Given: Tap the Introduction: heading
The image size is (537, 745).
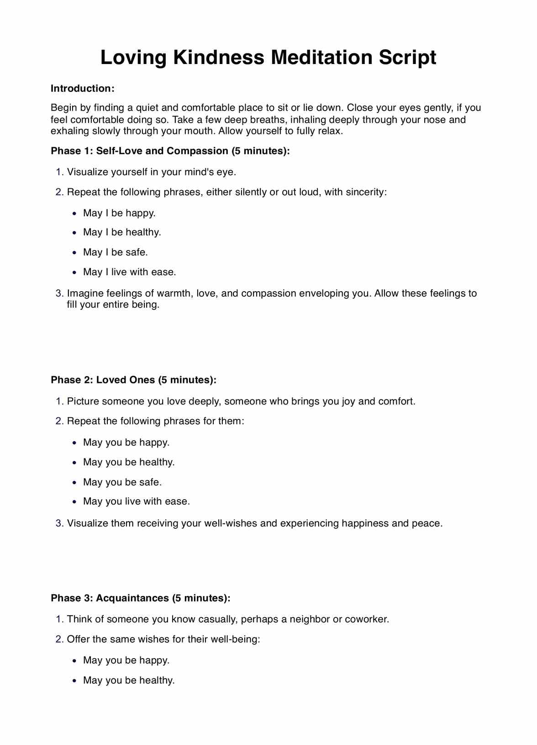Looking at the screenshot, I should pos(82,89).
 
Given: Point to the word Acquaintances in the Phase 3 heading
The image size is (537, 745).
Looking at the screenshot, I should pos(132,598).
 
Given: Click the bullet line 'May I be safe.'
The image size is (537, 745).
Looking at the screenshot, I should pos(115,252).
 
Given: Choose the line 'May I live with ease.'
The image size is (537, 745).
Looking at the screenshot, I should pos(129,272).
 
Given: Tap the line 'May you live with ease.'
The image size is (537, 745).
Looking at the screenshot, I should pos(136,501).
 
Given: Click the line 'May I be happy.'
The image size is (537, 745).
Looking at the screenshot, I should pos(119,213).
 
